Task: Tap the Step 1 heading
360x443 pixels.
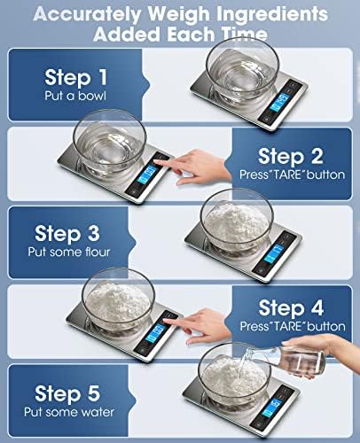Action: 78,76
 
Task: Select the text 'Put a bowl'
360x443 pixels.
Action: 78,96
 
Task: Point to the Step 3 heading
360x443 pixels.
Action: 78,234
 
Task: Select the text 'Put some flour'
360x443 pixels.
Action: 78,253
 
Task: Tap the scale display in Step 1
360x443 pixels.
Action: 293,98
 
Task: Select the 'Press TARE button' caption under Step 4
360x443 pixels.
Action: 290,327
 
